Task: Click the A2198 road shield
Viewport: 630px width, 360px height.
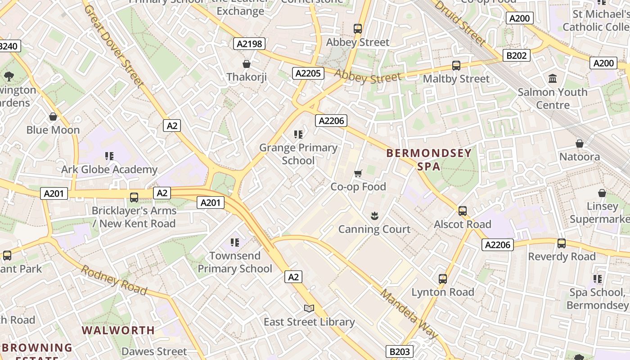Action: point(249,44)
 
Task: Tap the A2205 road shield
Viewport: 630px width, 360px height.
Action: point(308,73)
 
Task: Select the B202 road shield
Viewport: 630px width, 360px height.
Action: point(516,55)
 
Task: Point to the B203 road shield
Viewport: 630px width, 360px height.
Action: point(399,351)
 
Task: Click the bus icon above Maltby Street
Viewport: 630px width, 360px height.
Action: point(456,66)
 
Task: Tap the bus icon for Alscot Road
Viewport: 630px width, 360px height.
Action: point(462,211)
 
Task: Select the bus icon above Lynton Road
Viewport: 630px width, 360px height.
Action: point(443,279)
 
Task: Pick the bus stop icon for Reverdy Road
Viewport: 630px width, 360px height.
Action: point(562,243)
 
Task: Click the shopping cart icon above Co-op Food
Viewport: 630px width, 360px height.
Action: point(358,174)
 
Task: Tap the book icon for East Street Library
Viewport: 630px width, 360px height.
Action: point(309,309)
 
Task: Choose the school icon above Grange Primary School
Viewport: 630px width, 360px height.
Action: point(298,135)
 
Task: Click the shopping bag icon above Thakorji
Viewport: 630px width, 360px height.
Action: point(247,64)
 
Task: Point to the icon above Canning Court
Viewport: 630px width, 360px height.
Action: point(374,216)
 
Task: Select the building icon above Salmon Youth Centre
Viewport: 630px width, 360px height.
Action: point(553,79)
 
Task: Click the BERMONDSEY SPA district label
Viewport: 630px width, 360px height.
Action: point(429,160)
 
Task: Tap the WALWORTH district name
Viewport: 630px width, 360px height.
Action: point(118,330)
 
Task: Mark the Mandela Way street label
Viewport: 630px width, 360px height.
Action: point(409,314)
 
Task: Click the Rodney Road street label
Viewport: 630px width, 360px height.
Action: point(114,280)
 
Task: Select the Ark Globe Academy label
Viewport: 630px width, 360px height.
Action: point(109,170)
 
